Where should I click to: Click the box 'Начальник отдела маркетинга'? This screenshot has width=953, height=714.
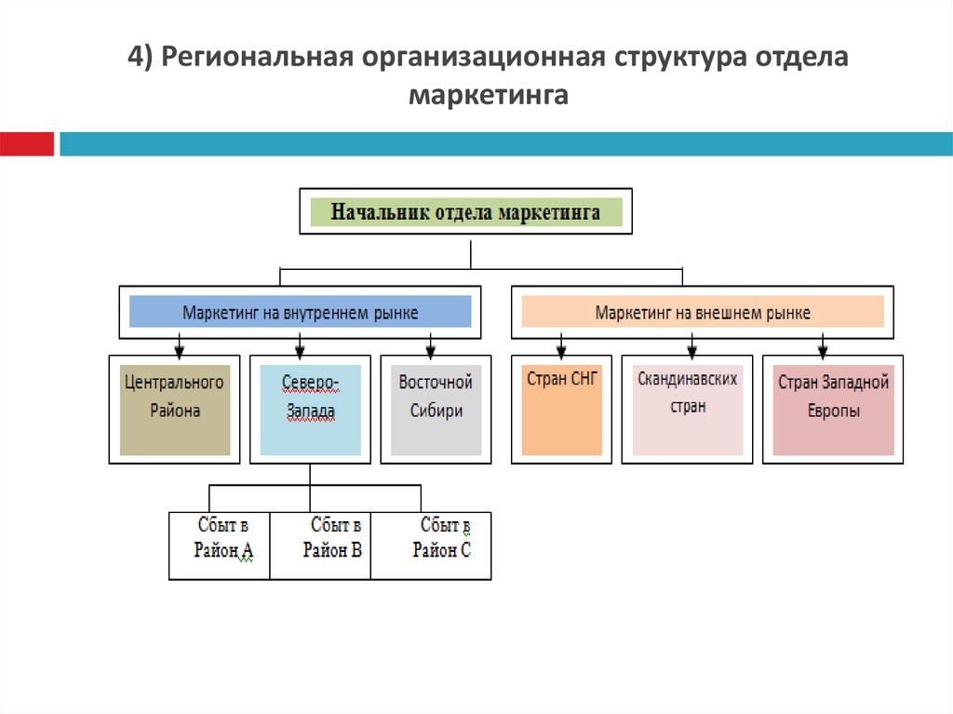point(465,212)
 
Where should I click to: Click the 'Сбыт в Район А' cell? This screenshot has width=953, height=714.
point(220,546)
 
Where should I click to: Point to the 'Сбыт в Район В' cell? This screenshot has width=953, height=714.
point(321,546)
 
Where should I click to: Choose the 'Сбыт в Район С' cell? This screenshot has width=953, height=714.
point(432,546)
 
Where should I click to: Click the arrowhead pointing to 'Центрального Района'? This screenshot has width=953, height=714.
point(179,351)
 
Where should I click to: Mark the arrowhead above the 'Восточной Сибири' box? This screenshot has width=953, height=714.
point(431,351)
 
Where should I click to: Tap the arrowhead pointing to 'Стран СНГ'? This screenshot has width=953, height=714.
point(561,351)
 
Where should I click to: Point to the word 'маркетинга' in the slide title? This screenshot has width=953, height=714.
point(488,95)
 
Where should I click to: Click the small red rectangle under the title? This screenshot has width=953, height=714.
point(27,144)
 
